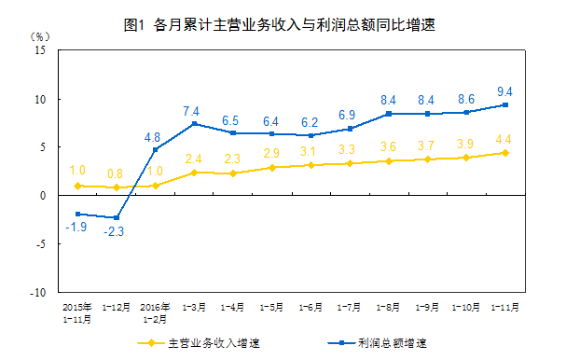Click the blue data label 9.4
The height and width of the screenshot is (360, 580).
pos(505,90)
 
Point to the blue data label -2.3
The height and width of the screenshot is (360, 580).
pos(117,232)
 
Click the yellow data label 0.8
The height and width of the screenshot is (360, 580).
pos(116,173)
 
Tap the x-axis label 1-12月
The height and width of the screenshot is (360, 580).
pos(116,305)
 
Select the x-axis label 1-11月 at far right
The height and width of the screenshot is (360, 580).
pos(505,305)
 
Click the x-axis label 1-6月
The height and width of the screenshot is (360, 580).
pos(311,305)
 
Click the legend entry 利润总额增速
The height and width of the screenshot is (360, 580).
pos(392,342)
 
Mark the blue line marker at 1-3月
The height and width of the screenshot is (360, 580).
pos(194,124)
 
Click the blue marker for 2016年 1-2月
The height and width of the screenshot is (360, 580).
pos(155,149)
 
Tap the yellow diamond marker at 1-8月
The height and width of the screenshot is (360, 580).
pos(388,160)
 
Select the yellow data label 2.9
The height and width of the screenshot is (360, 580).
pos(271,154)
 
